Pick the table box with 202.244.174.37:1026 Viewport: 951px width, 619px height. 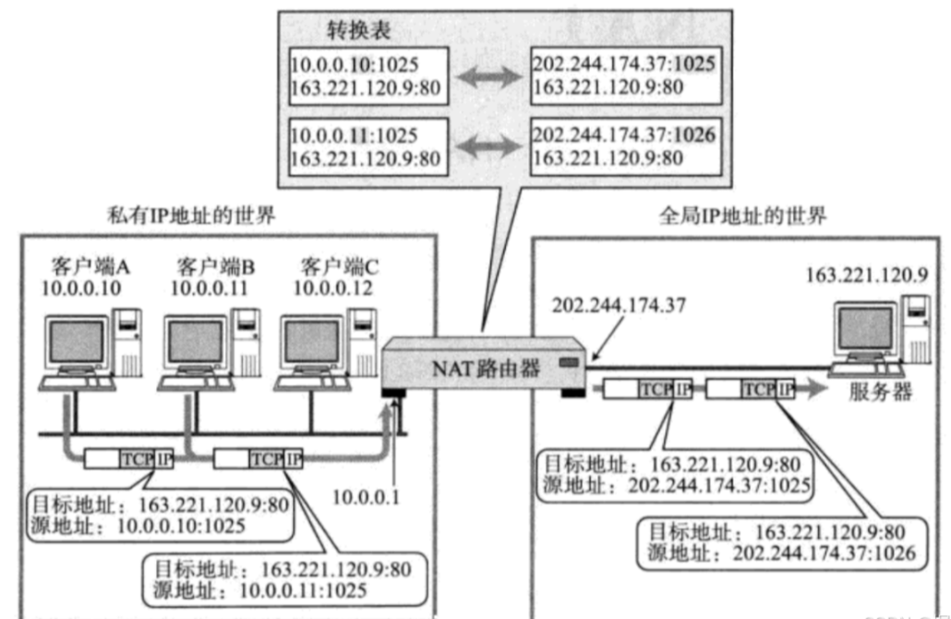[x=624, y=144]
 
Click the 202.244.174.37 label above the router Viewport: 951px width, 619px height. [x=615, y=306]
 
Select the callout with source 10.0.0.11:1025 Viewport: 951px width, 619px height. [x=281, y=577]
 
